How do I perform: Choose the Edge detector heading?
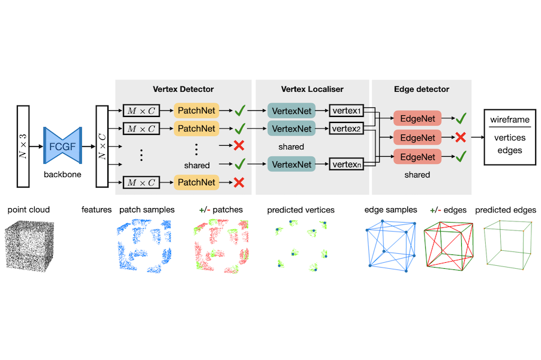click(x=421, y=89)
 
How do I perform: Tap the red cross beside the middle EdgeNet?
click(x=461, y=137)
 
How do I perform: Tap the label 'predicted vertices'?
click(x=300, y=210)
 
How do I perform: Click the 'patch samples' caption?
click(x=148, y=210)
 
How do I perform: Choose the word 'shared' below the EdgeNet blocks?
click(x=417, y=175)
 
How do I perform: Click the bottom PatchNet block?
click(x=196, y=182)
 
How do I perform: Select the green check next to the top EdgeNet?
click(x=461, y=119)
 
